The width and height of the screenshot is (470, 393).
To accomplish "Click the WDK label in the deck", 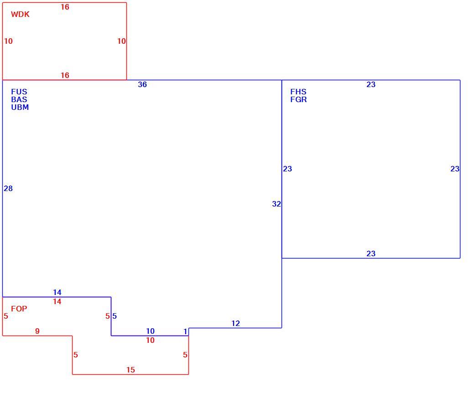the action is (x=20, y=15).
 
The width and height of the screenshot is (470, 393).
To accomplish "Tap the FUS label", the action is (x=19, y=92).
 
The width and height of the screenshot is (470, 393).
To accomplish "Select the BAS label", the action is (x=19, y=99).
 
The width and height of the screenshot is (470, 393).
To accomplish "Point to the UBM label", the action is (x=20, y=107).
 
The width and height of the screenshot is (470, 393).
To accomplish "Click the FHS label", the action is (x=298, y=92).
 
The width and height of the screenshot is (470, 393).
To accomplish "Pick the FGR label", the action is (x=298, y=99).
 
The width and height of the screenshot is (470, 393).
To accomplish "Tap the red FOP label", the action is (x=19, y=309).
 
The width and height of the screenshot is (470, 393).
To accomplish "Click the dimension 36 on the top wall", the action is (x=142, y=84).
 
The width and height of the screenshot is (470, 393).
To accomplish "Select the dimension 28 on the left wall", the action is (x=8, y=188).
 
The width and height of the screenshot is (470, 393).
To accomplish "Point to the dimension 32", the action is (x=277, y=204).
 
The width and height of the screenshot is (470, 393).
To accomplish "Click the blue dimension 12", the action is (x=235, y=324).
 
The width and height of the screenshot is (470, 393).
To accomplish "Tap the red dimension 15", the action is (x=131, y=370).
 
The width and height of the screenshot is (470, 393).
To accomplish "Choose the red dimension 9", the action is (x=37, y=331).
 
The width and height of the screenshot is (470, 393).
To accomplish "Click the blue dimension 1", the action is (x=185, y=331).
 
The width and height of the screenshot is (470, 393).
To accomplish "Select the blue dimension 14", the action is (x=57, y=292).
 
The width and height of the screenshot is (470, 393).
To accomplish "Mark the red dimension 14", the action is (x=57, y=302).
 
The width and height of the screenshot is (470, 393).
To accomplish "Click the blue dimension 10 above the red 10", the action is (x=150, y=331).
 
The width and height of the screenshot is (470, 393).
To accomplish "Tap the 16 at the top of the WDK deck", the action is (x=65, y=7).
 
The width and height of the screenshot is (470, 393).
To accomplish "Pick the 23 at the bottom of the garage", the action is (x=371, y=253).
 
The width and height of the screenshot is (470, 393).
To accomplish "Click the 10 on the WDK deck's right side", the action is (x=121, y=41).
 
